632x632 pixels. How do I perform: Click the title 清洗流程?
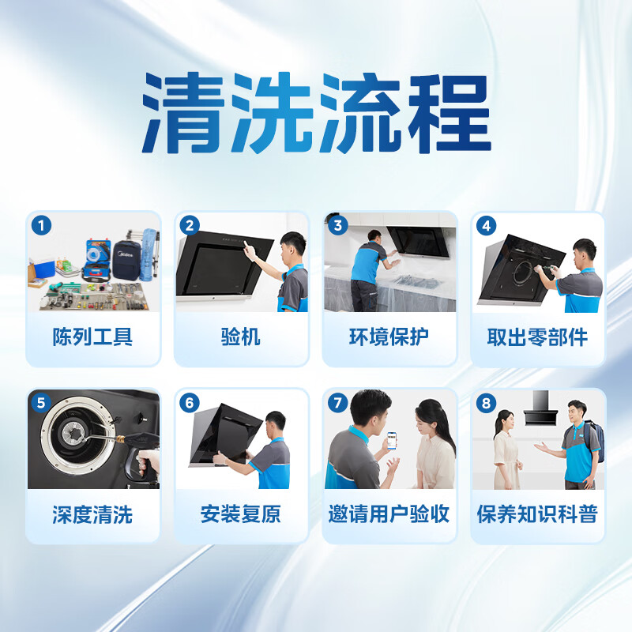(x=316, y=115)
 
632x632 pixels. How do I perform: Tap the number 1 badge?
(x=42, y=226)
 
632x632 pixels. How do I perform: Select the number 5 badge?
(x=42, y=403)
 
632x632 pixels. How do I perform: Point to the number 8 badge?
(x=486, y=403)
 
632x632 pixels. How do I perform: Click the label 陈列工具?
(x=92, y=337)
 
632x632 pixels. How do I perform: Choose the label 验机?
(x=240, y=337)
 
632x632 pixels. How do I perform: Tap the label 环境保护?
(x=389, y=337)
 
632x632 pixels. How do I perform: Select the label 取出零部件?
(x=537, y=337)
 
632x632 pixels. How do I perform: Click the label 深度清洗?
(x=92, y=515)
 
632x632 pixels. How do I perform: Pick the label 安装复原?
(x=240, y=515)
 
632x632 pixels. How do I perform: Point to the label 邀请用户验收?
(x=389, y=515)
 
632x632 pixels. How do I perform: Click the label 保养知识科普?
(x=537, y=515)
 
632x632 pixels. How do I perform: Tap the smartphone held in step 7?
(x=391, y=441)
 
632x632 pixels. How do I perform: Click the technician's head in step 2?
(x=292, y=246)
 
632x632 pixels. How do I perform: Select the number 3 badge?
(x=338, y=226)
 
